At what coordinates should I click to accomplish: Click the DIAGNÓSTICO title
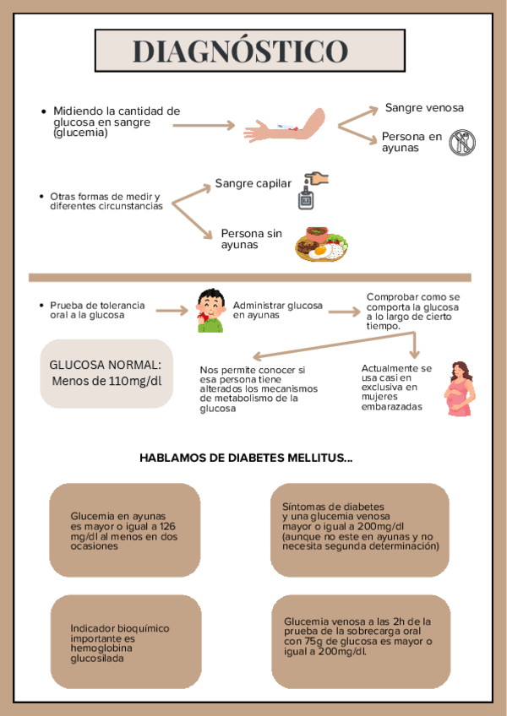click(x=241, y=52)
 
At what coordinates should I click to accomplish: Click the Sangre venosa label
click(x=424, y=107)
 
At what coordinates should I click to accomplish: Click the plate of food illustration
click(x=321, y=242)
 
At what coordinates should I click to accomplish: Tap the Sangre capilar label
click(x=253, y=183)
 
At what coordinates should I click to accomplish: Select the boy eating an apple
click(x=210, y=311)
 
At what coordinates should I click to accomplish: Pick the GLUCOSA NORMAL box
click(x=106, y=372)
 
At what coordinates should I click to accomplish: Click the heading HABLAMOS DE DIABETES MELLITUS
click(x=246, y=458)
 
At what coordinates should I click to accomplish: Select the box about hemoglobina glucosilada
click(x=126, y=642)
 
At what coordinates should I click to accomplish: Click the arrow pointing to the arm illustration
click(x=204, y=126)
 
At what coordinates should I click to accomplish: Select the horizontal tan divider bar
click(x=249, y=277)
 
